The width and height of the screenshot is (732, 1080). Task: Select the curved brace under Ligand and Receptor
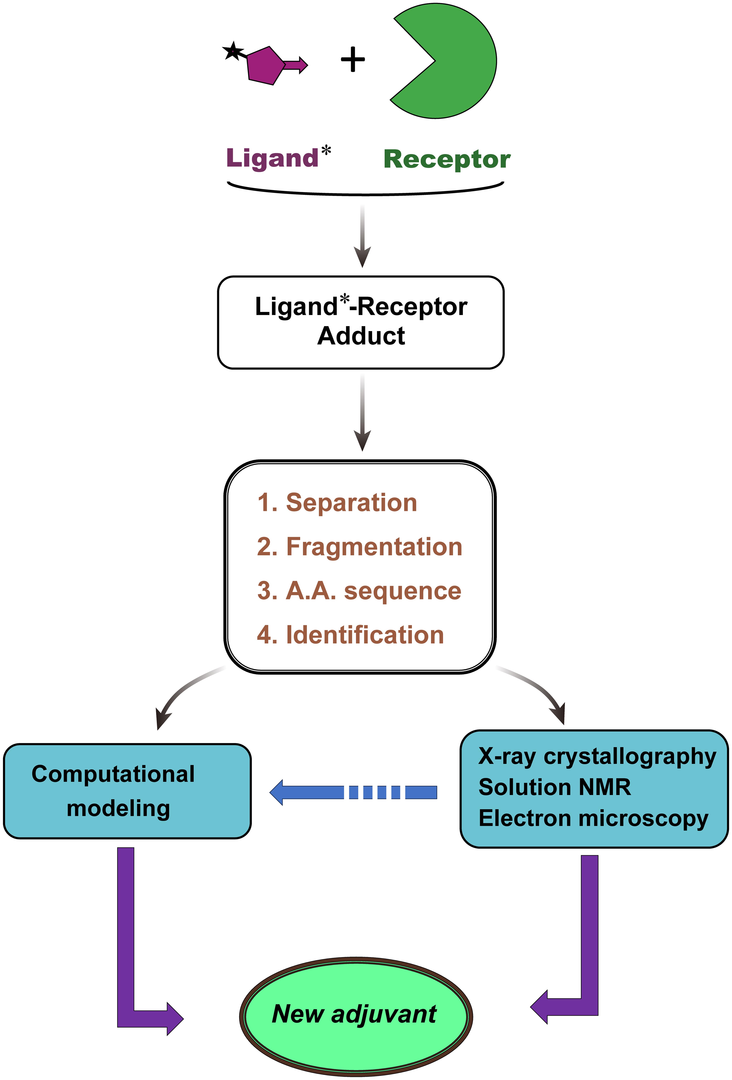(365, 191)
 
